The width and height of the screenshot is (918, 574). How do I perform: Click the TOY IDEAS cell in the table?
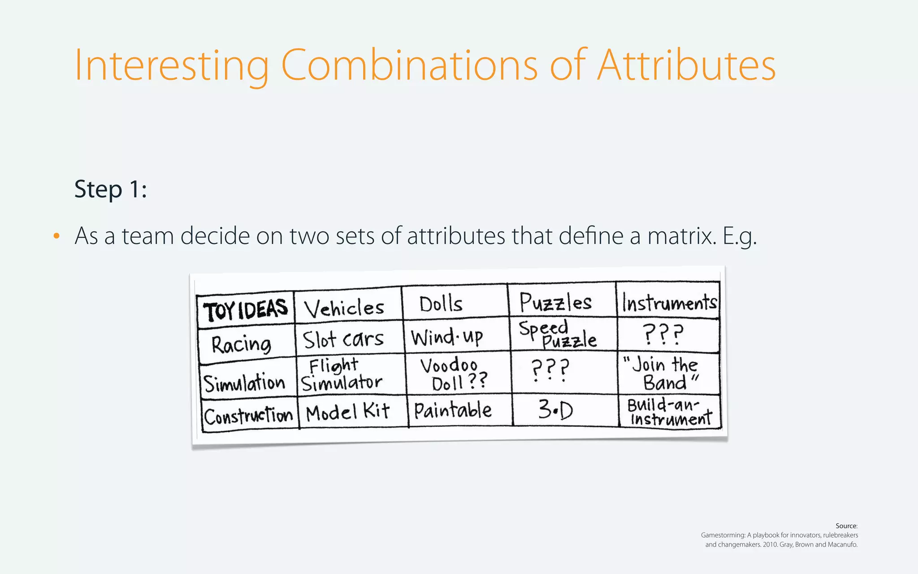245,309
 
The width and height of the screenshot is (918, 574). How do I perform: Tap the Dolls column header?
441,304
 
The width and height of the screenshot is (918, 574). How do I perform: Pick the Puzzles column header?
556,302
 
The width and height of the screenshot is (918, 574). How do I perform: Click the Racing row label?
242,344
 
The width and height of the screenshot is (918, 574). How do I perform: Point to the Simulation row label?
245,383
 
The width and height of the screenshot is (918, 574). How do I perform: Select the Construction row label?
248,416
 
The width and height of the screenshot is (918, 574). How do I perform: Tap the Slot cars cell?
343,339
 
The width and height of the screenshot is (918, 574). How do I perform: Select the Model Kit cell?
348,412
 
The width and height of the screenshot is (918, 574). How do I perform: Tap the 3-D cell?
556,409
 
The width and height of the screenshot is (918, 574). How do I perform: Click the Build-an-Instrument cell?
669,412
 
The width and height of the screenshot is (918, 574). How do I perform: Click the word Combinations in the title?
409,65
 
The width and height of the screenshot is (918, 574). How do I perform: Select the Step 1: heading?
111,189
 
